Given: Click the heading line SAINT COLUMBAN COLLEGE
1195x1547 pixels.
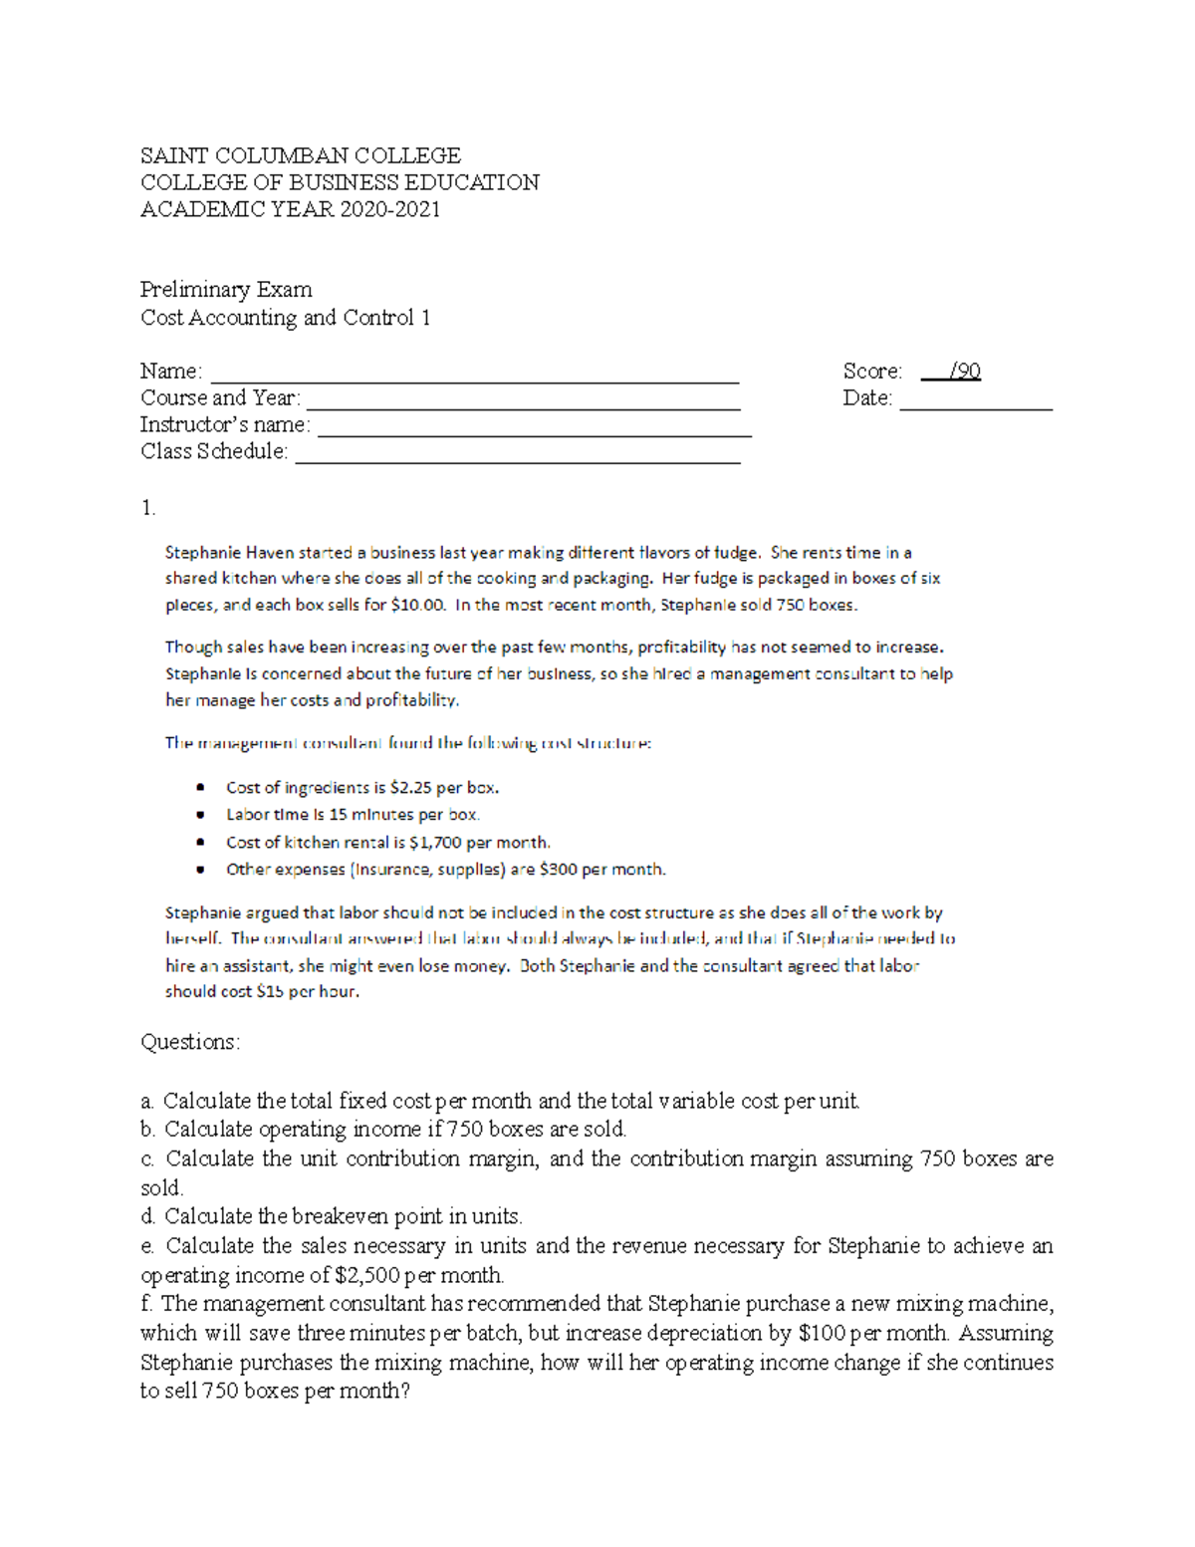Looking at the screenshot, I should coord(300,155).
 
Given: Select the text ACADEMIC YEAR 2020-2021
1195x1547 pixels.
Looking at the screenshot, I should coord(290,209).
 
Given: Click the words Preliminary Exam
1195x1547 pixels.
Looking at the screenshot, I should coord(226,290).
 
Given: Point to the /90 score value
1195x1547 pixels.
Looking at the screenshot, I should coord(964,372).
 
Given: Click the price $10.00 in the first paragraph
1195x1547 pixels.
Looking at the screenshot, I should coord(418,605).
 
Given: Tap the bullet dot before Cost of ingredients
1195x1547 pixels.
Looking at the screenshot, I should coord(201,788).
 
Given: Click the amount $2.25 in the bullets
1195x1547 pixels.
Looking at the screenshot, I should coord(410,788).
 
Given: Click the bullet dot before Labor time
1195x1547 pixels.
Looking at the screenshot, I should coord(201,815).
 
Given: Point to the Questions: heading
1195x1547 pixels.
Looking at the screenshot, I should coord(190,1042).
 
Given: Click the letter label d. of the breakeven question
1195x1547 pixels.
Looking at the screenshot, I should coord(148,1216).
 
